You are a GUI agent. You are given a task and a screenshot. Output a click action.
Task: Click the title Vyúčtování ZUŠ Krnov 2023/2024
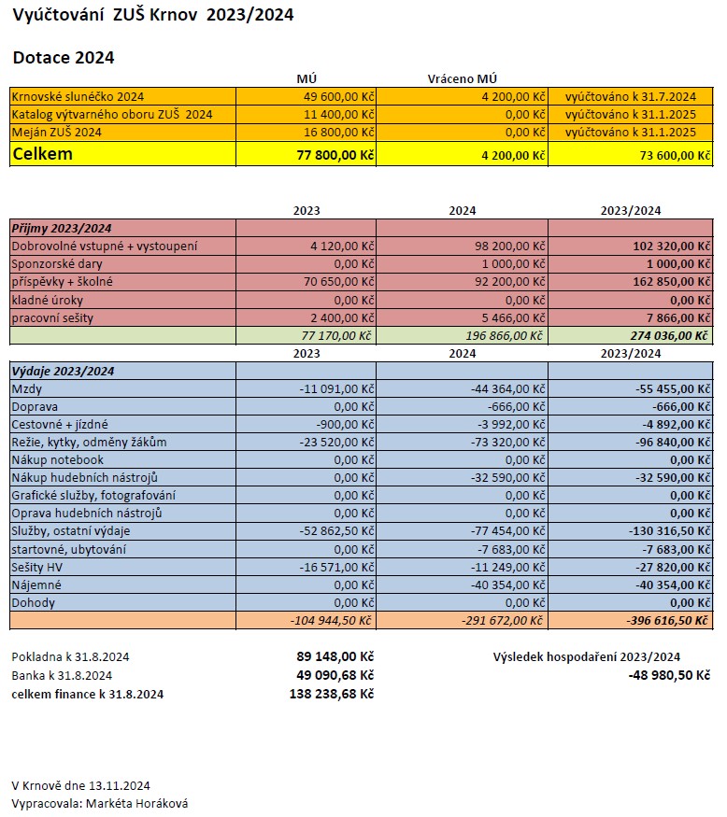click(152, 16)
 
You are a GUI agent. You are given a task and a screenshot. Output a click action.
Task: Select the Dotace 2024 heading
click(64, 58)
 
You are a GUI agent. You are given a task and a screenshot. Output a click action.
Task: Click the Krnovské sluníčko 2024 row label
click(78, 96)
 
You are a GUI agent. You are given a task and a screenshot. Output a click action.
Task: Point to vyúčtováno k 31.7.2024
click(631, 96)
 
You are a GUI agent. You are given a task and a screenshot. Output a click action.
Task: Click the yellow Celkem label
click(42, 154)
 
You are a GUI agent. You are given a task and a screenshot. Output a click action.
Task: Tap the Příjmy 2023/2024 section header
click(62, 228)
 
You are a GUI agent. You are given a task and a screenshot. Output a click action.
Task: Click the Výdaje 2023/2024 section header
click(63, 372)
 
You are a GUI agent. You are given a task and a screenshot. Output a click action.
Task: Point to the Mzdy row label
click(27, 389)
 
